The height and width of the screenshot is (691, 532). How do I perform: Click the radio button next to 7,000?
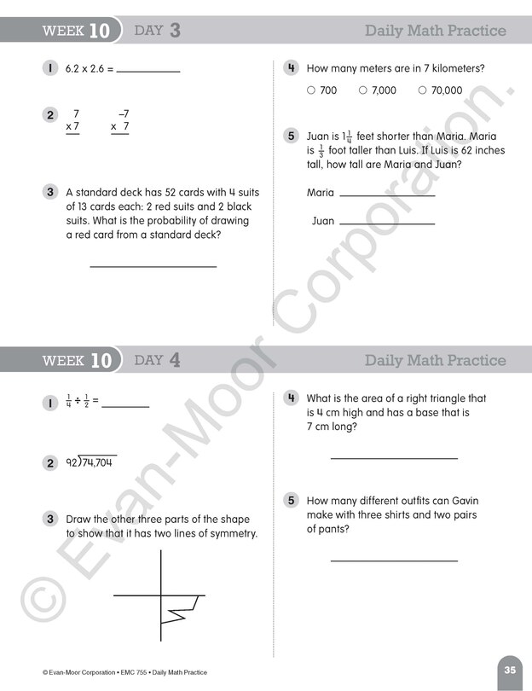click(x=363, y=90)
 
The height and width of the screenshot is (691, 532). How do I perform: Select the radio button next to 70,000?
click(x=422, y=90)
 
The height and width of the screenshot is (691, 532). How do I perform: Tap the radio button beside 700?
click(x=311, y=90)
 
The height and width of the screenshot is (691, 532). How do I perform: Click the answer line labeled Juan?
click(x=387, y=223)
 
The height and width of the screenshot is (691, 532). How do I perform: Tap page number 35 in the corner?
click(x=510, y=670)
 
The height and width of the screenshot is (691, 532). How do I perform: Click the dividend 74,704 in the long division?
click(x=97, y=462)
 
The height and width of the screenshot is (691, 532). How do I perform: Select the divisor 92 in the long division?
click(x=72, y=462)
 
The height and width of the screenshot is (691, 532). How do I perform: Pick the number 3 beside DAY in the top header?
click(x=175, y=31)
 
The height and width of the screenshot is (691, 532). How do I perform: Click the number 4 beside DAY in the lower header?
click(x=175, y=360)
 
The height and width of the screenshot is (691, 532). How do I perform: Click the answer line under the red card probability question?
click(x=153, y=266)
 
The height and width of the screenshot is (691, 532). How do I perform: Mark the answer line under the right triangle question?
click(x=394, y=457)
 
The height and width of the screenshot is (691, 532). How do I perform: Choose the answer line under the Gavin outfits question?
click(x=394, y=560)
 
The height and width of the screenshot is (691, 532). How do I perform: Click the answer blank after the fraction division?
click(x=125, y=405)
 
